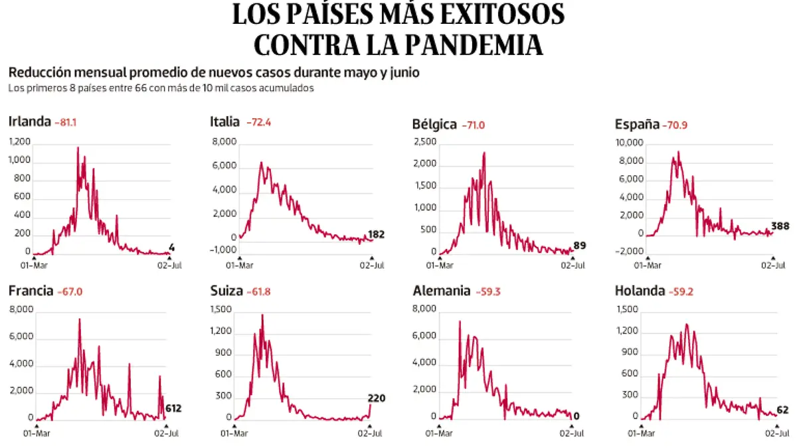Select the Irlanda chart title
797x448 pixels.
(x=30, y=121)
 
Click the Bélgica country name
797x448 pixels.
(x=434, y=124)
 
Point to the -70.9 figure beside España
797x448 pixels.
(x=675, y=124)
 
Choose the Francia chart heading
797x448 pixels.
(x=31, y=290)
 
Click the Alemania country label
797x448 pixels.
(x=442, y=291)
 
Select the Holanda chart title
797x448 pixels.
(x=640, y=290)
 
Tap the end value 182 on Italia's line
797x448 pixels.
(x=376, y=234)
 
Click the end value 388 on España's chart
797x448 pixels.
(x=780, y=226)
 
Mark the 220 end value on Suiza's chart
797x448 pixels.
(x=377, y=398)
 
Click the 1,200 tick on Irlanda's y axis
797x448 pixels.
(x=19, y=141)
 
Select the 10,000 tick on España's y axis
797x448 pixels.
(x=630, y=143)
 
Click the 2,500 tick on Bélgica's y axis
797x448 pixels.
(x=424, y=142)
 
